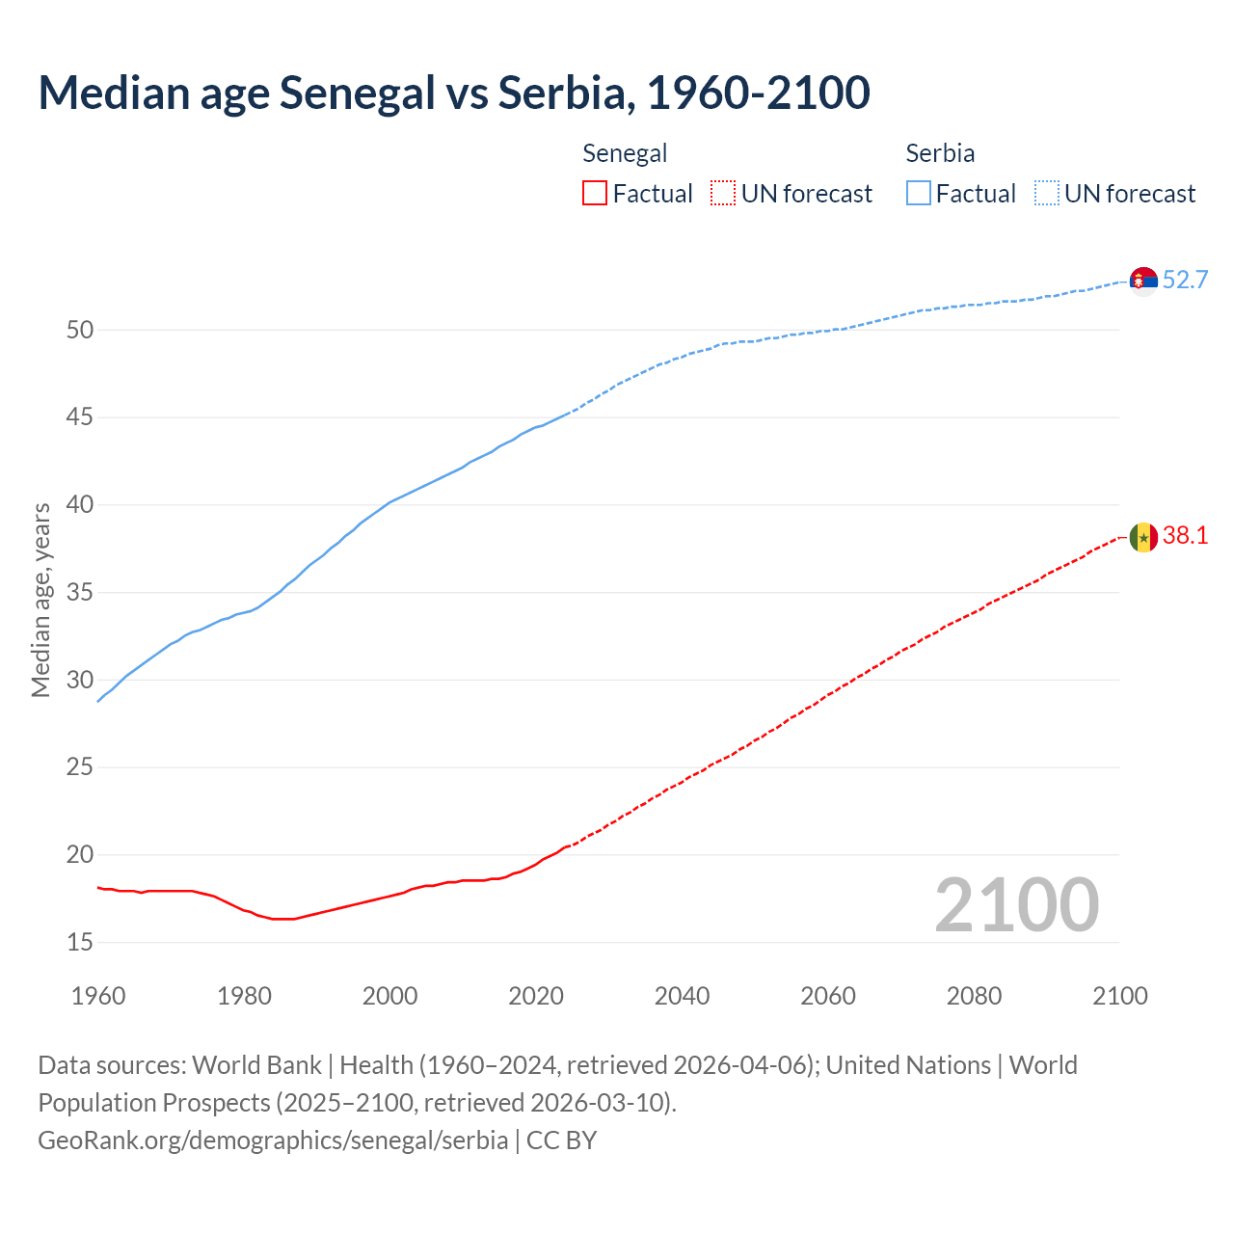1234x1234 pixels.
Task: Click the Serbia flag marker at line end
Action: coord(1143,281)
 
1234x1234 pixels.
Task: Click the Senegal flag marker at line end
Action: coord(1143,537)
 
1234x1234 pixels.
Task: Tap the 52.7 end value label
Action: coord(1185,281)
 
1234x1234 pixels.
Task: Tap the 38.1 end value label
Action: coord(1185,536)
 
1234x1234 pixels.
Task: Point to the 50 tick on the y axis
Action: coord(80,331)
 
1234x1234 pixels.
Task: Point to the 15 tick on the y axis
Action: coord(80,943)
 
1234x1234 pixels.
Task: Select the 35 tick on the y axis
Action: coord(80,593)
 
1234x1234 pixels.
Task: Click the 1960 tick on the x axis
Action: coord(98,996)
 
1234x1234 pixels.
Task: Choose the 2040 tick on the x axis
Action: coord(682,996)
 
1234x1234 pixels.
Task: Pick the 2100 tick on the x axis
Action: coord(1119,996)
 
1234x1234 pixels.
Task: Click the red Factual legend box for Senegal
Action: coord(595,194)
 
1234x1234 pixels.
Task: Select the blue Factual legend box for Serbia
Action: coord(918,194)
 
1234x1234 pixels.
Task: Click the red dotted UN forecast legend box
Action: coord(723,194)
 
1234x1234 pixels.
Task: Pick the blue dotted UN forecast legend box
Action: coord(1046,194)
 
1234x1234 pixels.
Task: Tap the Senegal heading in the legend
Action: coord(625,153)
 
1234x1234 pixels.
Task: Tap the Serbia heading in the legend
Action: coord(940,153)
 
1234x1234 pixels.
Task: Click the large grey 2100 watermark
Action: coord(1016,905)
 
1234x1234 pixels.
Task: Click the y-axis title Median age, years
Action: coord(40,600)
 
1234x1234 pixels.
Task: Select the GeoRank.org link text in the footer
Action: coord(273,1140)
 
